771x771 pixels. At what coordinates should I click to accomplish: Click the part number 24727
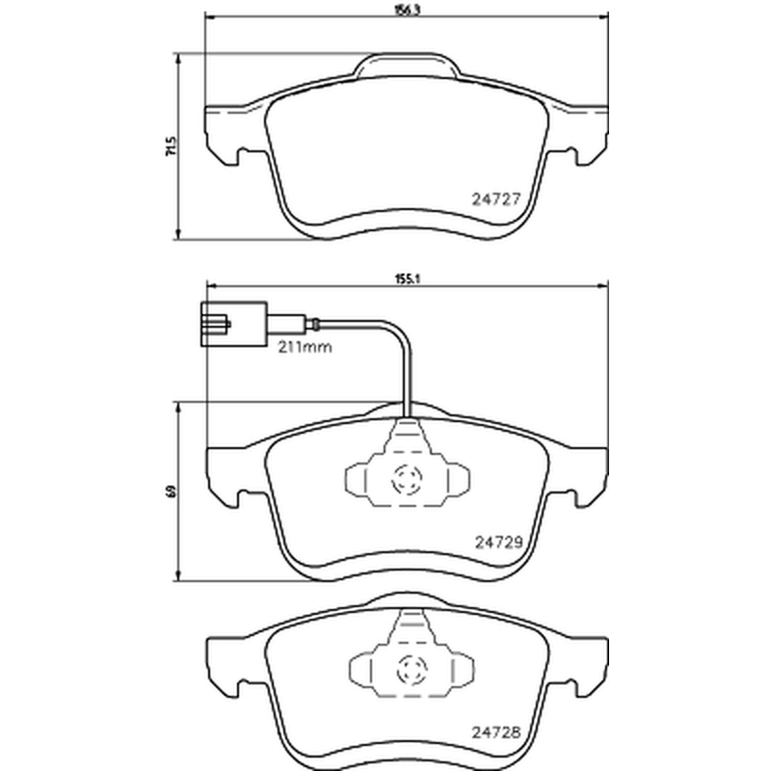495,199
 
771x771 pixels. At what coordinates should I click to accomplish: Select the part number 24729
498,542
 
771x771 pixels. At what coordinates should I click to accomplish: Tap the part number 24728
495,732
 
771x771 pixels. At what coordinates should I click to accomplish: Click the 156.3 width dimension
407,11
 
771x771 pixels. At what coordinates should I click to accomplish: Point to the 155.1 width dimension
407,279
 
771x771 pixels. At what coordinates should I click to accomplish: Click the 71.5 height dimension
171,146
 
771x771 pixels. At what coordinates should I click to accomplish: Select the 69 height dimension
171,492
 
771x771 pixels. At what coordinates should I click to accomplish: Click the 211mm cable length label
305,347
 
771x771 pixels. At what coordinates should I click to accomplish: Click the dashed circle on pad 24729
407,479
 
